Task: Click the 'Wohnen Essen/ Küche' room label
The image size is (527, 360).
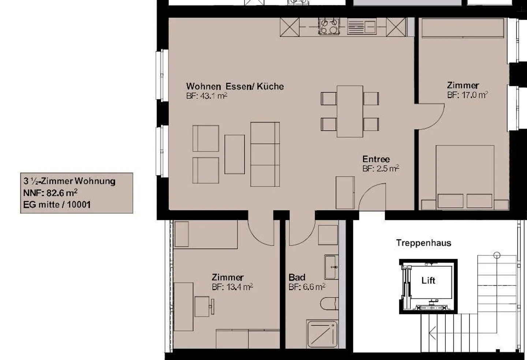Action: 235,86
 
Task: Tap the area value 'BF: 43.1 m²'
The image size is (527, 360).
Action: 206,96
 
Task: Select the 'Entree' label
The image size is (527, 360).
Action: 376,159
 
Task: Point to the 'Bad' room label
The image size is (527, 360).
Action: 297,277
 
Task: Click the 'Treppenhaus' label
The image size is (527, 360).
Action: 423,243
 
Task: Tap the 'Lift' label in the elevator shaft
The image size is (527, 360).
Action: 428,281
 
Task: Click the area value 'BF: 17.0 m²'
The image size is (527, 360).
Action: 467,95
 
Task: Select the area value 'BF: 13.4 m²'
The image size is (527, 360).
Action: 232,287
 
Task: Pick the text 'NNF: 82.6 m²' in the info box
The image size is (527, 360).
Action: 50,193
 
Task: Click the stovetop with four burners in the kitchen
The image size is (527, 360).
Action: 329,26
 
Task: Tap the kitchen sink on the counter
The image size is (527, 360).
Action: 361,27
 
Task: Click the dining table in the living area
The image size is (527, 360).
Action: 350,111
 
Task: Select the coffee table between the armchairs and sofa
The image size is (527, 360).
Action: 235,154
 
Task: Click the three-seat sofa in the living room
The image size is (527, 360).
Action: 265,154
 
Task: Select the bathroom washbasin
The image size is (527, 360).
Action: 331,267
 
